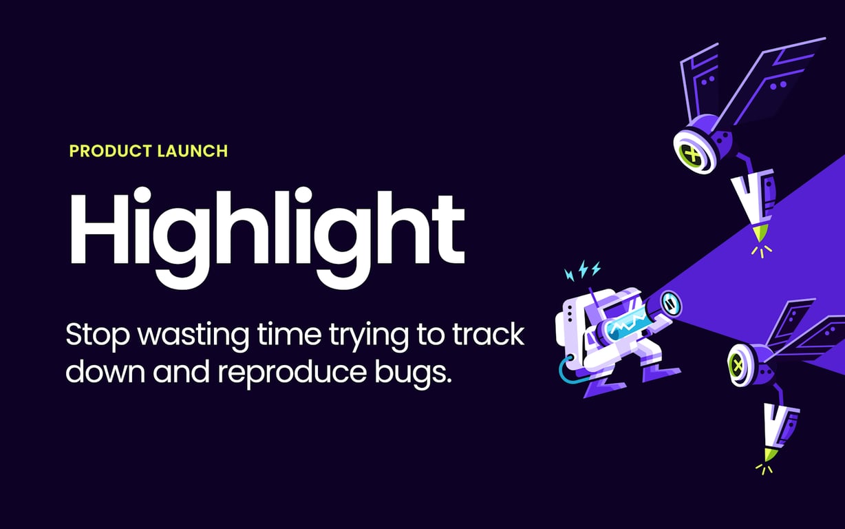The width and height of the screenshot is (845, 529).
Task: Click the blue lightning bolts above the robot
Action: click(583, 271)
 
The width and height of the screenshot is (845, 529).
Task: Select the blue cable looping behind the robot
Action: click(566, 372)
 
